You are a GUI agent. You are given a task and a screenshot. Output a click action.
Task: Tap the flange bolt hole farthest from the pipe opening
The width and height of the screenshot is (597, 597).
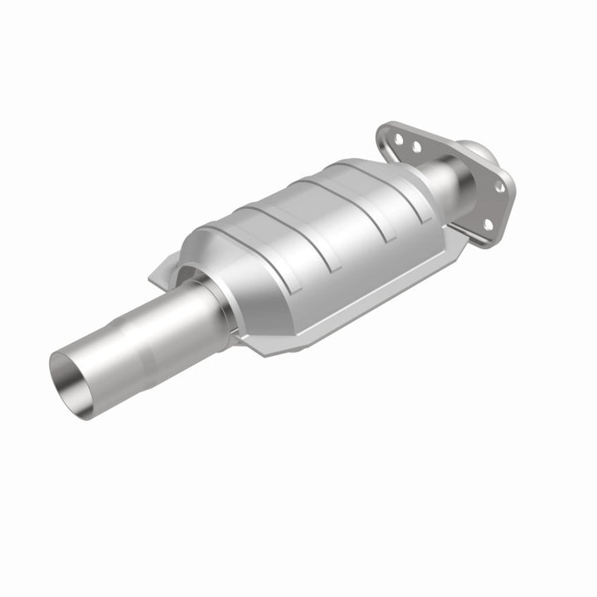click(x=500, y=187)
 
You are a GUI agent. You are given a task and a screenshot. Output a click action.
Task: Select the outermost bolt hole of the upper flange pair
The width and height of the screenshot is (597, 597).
click(x=396, y=140)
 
